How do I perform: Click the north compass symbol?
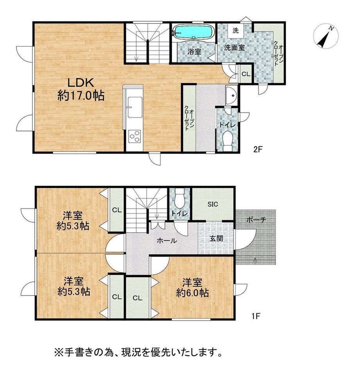[326, 36]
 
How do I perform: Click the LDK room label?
[80, 83]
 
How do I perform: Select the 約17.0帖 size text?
[81, 96]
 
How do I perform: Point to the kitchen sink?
[135, 107]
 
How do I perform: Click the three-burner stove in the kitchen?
[135, 136]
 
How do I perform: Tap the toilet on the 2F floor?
[228, 141]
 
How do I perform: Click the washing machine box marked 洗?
[236, 31]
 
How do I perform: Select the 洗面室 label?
[234, 48]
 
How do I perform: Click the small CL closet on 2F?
[246, 74]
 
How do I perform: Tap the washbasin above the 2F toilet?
[231, 95]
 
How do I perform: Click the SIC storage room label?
[212, 204]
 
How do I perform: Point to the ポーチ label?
[256, 220]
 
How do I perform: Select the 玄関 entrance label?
[216, 238]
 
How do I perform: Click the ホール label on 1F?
[167, 241]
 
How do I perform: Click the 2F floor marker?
[258, 150]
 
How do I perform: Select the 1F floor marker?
[256, 317]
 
